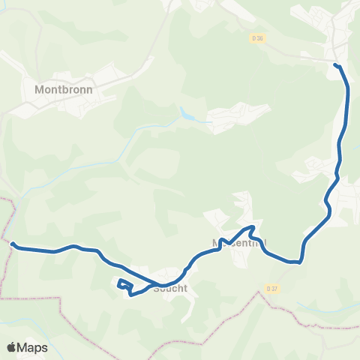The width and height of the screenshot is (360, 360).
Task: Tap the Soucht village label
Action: coord(170,287)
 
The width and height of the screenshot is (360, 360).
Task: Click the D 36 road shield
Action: coord(258,37)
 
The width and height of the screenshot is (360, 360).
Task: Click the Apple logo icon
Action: coord(11,347)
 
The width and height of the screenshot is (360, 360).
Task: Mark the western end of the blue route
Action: coord(13,243)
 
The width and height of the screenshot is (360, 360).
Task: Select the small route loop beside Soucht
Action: coord(124,285)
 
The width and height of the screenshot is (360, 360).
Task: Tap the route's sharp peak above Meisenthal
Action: coord(254,226)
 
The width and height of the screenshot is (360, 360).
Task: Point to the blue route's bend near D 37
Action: coord(299,262)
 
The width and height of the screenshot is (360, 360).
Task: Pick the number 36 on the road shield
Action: coord(260,37)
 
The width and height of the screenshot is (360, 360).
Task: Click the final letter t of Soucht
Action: coord(184,287)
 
